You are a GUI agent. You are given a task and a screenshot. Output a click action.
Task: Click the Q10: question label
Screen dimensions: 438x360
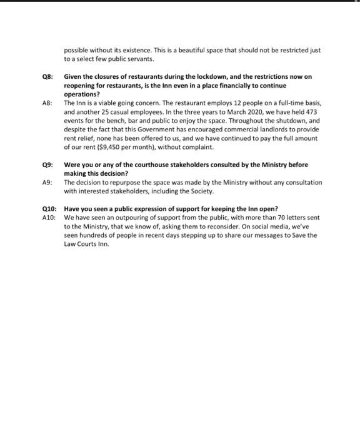(x=49, y=208)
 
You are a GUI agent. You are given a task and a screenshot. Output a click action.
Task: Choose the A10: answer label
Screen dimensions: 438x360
(x=49, y=217)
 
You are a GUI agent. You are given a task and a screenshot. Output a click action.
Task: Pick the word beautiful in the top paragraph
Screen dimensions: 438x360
(x=181, y=50)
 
